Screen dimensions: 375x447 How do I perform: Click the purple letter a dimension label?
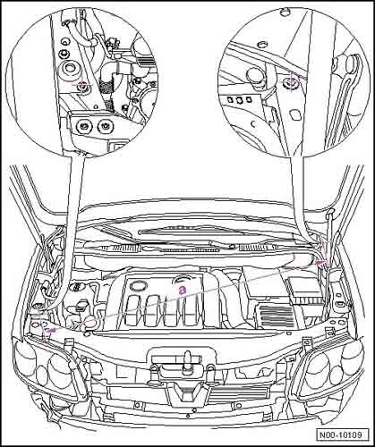[183, 290]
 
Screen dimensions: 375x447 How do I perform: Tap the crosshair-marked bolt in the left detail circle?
[81, 85]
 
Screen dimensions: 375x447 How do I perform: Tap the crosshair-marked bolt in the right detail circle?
[289, 80]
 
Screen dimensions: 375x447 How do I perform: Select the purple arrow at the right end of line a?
[321, 262]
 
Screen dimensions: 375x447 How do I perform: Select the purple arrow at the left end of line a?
[51, 330]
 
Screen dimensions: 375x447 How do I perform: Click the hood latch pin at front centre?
[187, 359]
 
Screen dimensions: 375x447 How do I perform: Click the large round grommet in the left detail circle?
[70, 69]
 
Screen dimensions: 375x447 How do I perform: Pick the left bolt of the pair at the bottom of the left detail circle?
[82, 126]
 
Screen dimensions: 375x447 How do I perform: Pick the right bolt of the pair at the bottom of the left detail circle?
[104, 127]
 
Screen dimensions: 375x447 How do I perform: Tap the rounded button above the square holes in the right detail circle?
[254, 74]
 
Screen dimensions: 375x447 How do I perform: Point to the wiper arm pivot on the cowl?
[231, 247]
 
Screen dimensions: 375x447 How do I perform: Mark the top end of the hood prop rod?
[330, 212]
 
